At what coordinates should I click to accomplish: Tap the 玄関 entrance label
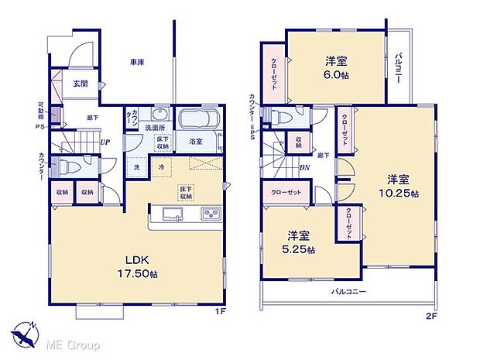pyautogui.click(x=81, y=84)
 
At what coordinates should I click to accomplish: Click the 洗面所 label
pyautogui.click(x=158, y=128)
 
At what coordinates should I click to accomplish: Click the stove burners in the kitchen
pyautogui.click(x=211, y=213)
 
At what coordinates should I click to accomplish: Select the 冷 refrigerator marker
pyautogui.click(x=162, y=166)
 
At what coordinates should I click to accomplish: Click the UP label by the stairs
pyautogui.click(x=103, y=142)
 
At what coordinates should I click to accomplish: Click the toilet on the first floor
pyautogui.click(x=67, y=166)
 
